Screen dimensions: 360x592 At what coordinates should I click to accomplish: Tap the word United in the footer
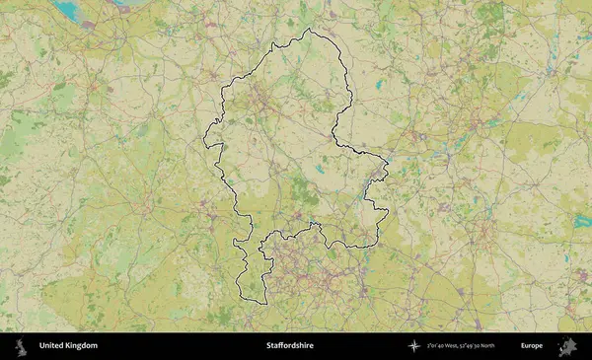point(51,346)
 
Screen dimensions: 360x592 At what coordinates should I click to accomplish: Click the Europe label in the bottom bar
point(532,346)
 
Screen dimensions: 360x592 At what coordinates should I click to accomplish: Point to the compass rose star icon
point(414,346)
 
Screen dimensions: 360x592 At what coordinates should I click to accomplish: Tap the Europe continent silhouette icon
point(567,346)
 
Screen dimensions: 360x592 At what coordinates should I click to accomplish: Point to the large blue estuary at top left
point(67,10)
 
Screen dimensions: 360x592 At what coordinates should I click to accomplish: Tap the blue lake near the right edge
point(581,221)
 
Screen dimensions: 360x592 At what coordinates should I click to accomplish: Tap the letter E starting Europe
point(523,346)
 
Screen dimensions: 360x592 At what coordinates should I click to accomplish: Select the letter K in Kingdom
point(68,346)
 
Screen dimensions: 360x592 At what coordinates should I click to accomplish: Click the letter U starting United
point(41,346)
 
